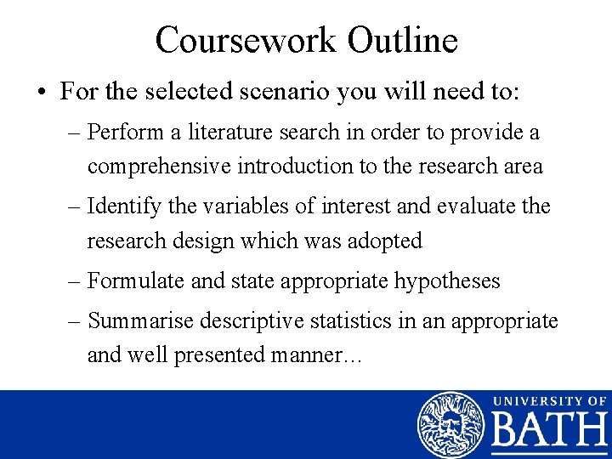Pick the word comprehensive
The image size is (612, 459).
tap(155, 166)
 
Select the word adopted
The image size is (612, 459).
tap(380, 241)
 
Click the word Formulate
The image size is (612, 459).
tap(136, 280)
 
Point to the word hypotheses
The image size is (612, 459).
tap(447, 280)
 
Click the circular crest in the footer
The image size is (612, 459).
tap(450, 425)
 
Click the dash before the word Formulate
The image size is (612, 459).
tap(75, 280)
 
